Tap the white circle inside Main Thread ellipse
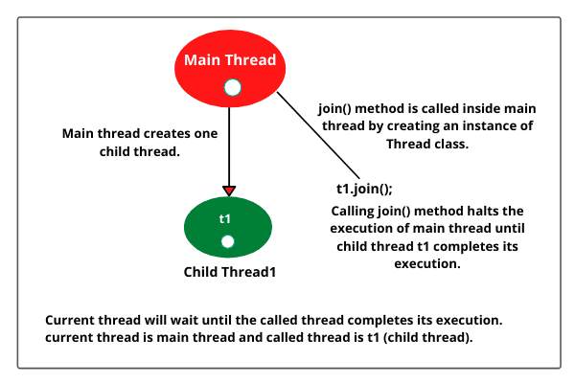click(x=230, y=88)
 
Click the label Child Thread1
click(x=229, y=272)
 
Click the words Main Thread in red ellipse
click(x=230, y=60)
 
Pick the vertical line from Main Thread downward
click(x=229, y=144)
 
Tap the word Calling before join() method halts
click(x=356, y=211)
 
